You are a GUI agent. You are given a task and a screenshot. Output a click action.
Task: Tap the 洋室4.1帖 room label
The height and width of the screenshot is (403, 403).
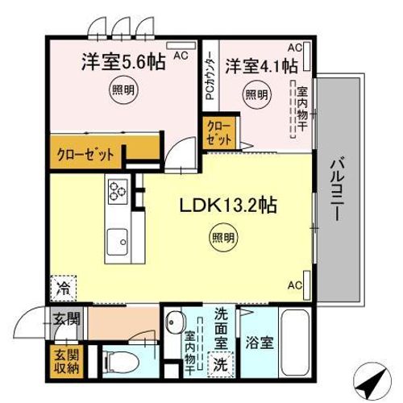(x=261, y=64)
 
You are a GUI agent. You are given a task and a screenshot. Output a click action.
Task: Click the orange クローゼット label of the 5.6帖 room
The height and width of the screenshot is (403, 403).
(x=85, y=153)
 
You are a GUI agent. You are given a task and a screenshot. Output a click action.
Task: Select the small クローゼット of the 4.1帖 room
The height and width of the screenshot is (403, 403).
(x=218, y=133)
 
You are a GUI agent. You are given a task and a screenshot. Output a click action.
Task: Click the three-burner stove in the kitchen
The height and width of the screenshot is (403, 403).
(x=118, y=190)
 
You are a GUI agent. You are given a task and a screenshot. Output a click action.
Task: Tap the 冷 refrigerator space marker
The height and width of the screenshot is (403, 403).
(x=62, y=285)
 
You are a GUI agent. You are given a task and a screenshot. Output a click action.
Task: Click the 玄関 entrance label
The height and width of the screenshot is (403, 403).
(x=67, y=319)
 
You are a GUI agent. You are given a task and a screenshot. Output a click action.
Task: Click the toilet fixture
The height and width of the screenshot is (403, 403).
(x=122, y=360)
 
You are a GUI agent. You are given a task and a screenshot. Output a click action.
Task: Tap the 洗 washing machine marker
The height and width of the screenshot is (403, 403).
(x=219, y=364)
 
